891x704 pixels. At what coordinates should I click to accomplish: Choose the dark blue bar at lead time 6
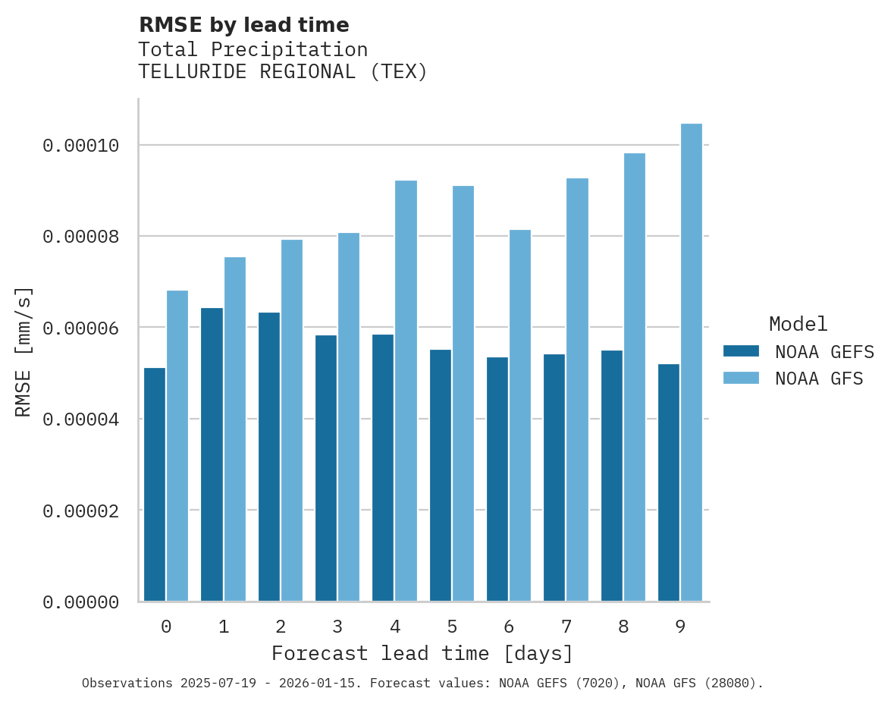tap(497, 479)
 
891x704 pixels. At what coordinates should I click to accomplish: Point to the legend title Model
tap(798, 324)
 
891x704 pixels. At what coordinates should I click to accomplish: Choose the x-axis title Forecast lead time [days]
tap(422, 653)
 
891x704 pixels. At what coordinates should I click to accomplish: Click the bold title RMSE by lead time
tap(243, 25)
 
